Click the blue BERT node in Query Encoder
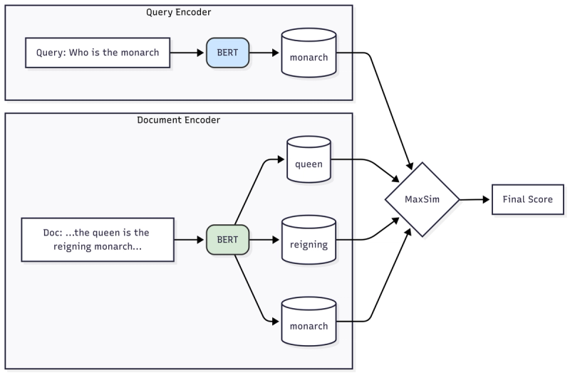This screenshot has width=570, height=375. click(x=227, y=53)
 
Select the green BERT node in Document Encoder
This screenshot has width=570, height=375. click(x=227, y=240)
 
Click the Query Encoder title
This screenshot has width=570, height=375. click(x=178, y=12)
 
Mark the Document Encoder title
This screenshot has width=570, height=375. click(x=178, y=120)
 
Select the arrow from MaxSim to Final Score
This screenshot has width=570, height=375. click(x=475, y=200)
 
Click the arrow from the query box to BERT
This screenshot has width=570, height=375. click(x=190, y=53)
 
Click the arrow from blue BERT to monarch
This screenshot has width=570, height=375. click(x=264, y=53)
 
